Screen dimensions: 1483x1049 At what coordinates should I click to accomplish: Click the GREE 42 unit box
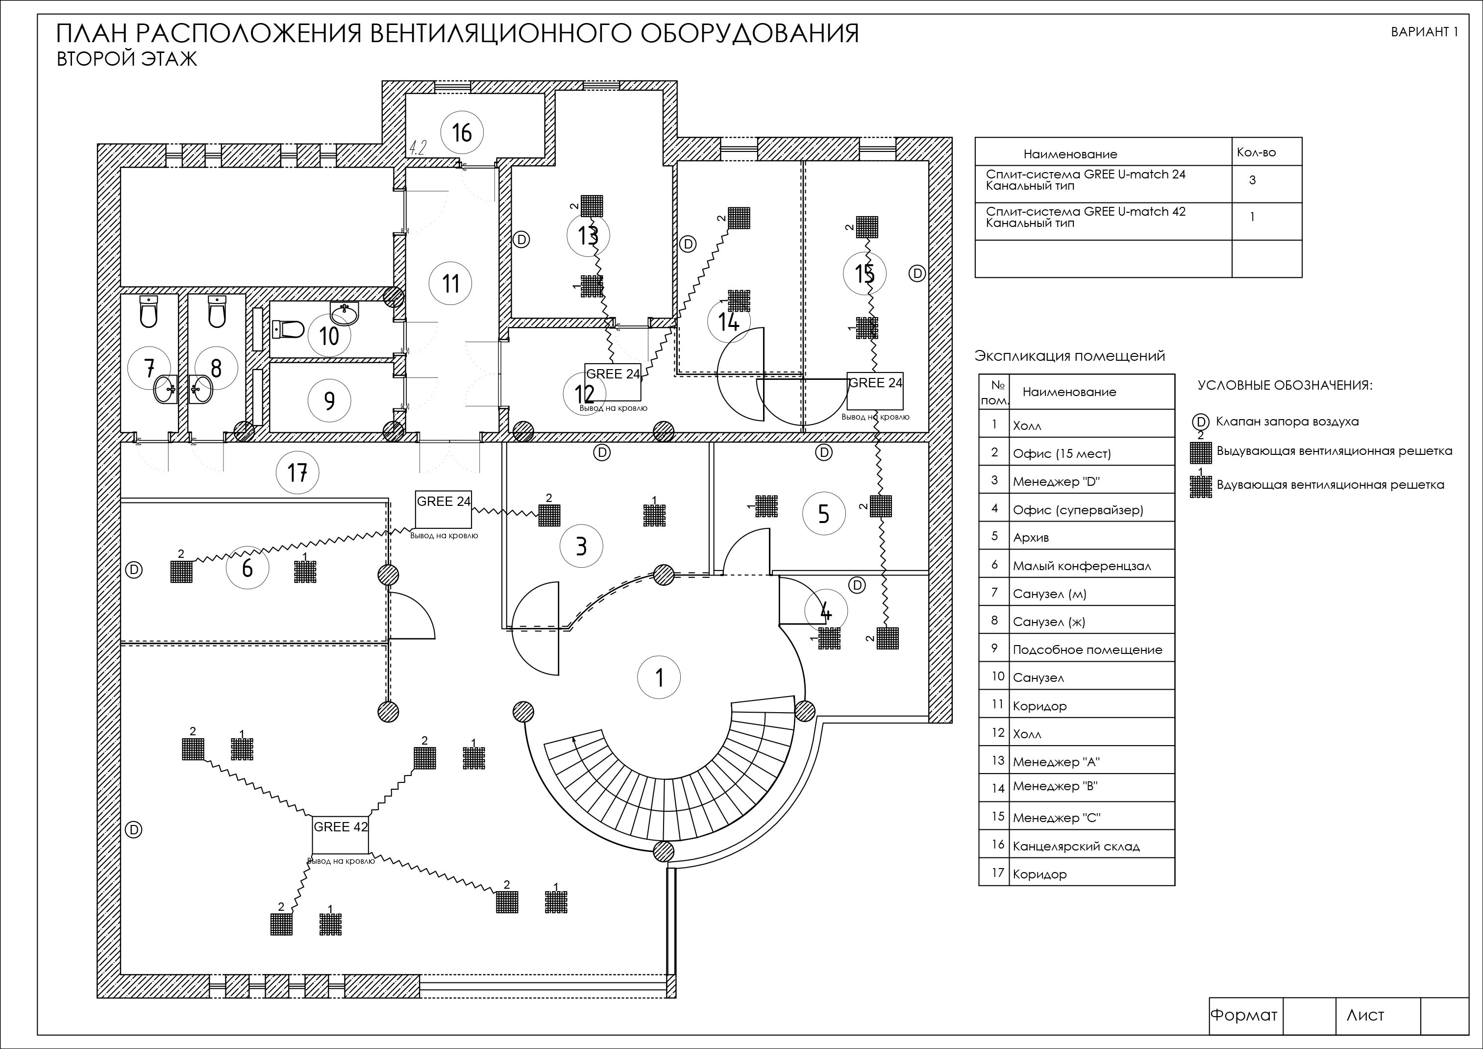341,834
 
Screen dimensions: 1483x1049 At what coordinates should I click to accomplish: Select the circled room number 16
462,132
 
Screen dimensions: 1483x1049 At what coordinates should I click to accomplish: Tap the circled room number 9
329,400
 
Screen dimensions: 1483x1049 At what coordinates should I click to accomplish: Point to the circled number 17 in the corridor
297,473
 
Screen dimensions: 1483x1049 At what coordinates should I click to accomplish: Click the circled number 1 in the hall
659,677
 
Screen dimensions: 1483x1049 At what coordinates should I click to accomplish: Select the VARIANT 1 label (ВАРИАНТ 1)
1424,32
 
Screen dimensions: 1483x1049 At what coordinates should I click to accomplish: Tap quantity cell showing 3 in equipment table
1252,180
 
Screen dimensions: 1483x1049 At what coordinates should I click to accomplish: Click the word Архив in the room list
1031,537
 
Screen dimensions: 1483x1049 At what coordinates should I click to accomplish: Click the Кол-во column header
1256,152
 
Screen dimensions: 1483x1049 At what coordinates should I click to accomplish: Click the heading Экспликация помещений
1070,356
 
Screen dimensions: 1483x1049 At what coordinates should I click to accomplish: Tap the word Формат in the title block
1243,1015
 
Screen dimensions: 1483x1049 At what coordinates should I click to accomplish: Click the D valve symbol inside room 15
916,273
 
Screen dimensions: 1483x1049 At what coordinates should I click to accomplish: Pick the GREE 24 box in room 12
613,382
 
